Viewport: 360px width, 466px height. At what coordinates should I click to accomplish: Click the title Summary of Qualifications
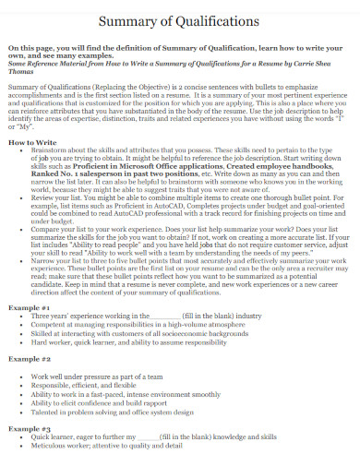[180, 19]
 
